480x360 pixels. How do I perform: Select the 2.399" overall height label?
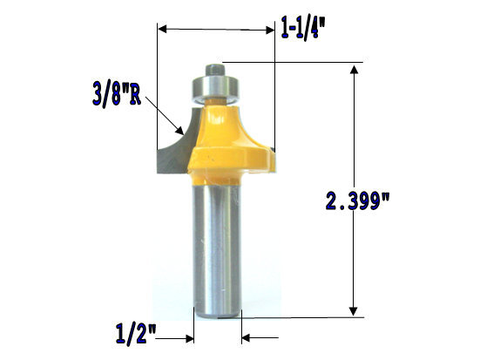click(x=356, y=202)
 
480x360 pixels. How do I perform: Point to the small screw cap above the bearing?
click(x=213, y=66)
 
